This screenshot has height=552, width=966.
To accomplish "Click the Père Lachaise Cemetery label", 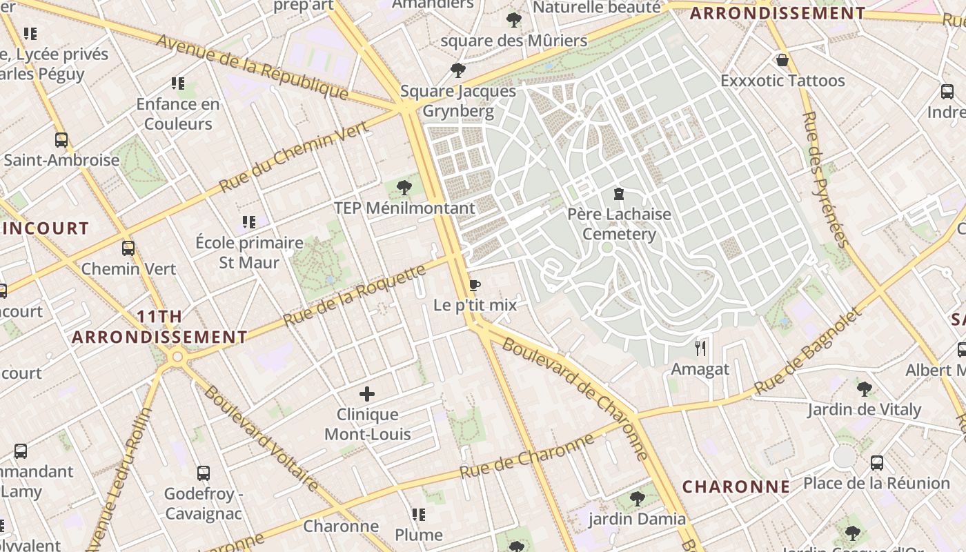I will (619, 224).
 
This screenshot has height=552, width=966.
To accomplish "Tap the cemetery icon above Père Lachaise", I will (619, 194).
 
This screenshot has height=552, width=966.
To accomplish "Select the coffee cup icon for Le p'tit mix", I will (474, 285).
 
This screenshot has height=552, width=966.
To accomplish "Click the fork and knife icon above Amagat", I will (700, 348).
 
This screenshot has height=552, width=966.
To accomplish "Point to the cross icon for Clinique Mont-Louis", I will (367, 394).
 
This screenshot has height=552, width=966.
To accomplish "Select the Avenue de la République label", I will (252, 66).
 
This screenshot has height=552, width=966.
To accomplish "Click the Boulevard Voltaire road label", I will (262, 439).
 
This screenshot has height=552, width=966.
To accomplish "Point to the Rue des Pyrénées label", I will (825, 179).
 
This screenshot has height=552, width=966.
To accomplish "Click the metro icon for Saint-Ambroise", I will (61, 140).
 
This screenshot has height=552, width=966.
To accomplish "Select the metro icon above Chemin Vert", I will (128, 248).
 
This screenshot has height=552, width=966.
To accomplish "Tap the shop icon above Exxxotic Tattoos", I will (782, 60).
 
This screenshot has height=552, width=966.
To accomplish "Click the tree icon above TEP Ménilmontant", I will (405, 187).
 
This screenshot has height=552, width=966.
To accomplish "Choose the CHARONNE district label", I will (736, 486).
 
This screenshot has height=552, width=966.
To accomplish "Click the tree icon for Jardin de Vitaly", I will (864, 389).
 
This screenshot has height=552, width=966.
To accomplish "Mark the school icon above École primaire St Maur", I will (249, 222).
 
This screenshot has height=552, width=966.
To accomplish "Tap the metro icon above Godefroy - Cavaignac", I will (204, 473).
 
